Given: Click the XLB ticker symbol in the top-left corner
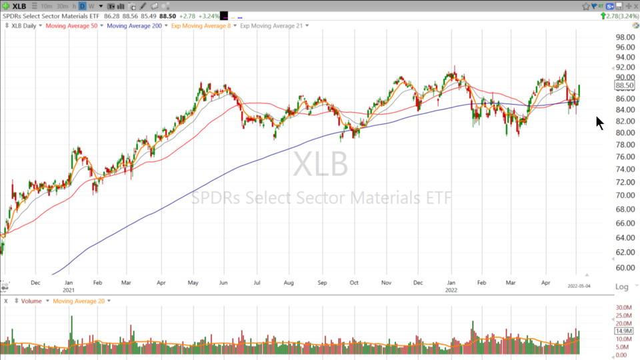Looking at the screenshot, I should click(19, 6).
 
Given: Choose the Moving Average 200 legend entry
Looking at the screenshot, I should click(134, 26).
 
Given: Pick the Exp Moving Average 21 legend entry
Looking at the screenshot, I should click(271, 26).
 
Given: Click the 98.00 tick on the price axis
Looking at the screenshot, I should click(625, 37).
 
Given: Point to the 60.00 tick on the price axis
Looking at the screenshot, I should click(625, 268).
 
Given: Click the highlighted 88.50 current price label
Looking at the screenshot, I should click(625, 86).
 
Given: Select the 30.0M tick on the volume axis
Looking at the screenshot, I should click(624, 307).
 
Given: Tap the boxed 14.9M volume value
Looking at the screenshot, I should click(623, 331).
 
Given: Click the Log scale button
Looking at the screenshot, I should click(621, 287).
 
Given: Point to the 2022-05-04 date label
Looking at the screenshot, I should click(579, 286).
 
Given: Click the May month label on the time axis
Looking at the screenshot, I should click(193, 283).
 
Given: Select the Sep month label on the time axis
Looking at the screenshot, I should click(323, 283).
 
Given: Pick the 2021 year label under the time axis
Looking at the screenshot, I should click(69, 291).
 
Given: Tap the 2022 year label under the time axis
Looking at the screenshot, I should click(451, 291).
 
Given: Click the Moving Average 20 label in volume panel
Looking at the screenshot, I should click(78, 301).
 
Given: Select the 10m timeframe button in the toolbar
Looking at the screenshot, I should click(47, 6).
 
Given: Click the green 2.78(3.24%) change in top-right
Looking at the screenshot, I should click(619, 15).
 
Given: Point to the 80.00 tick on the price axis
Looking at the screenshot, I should click(625, 133).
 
